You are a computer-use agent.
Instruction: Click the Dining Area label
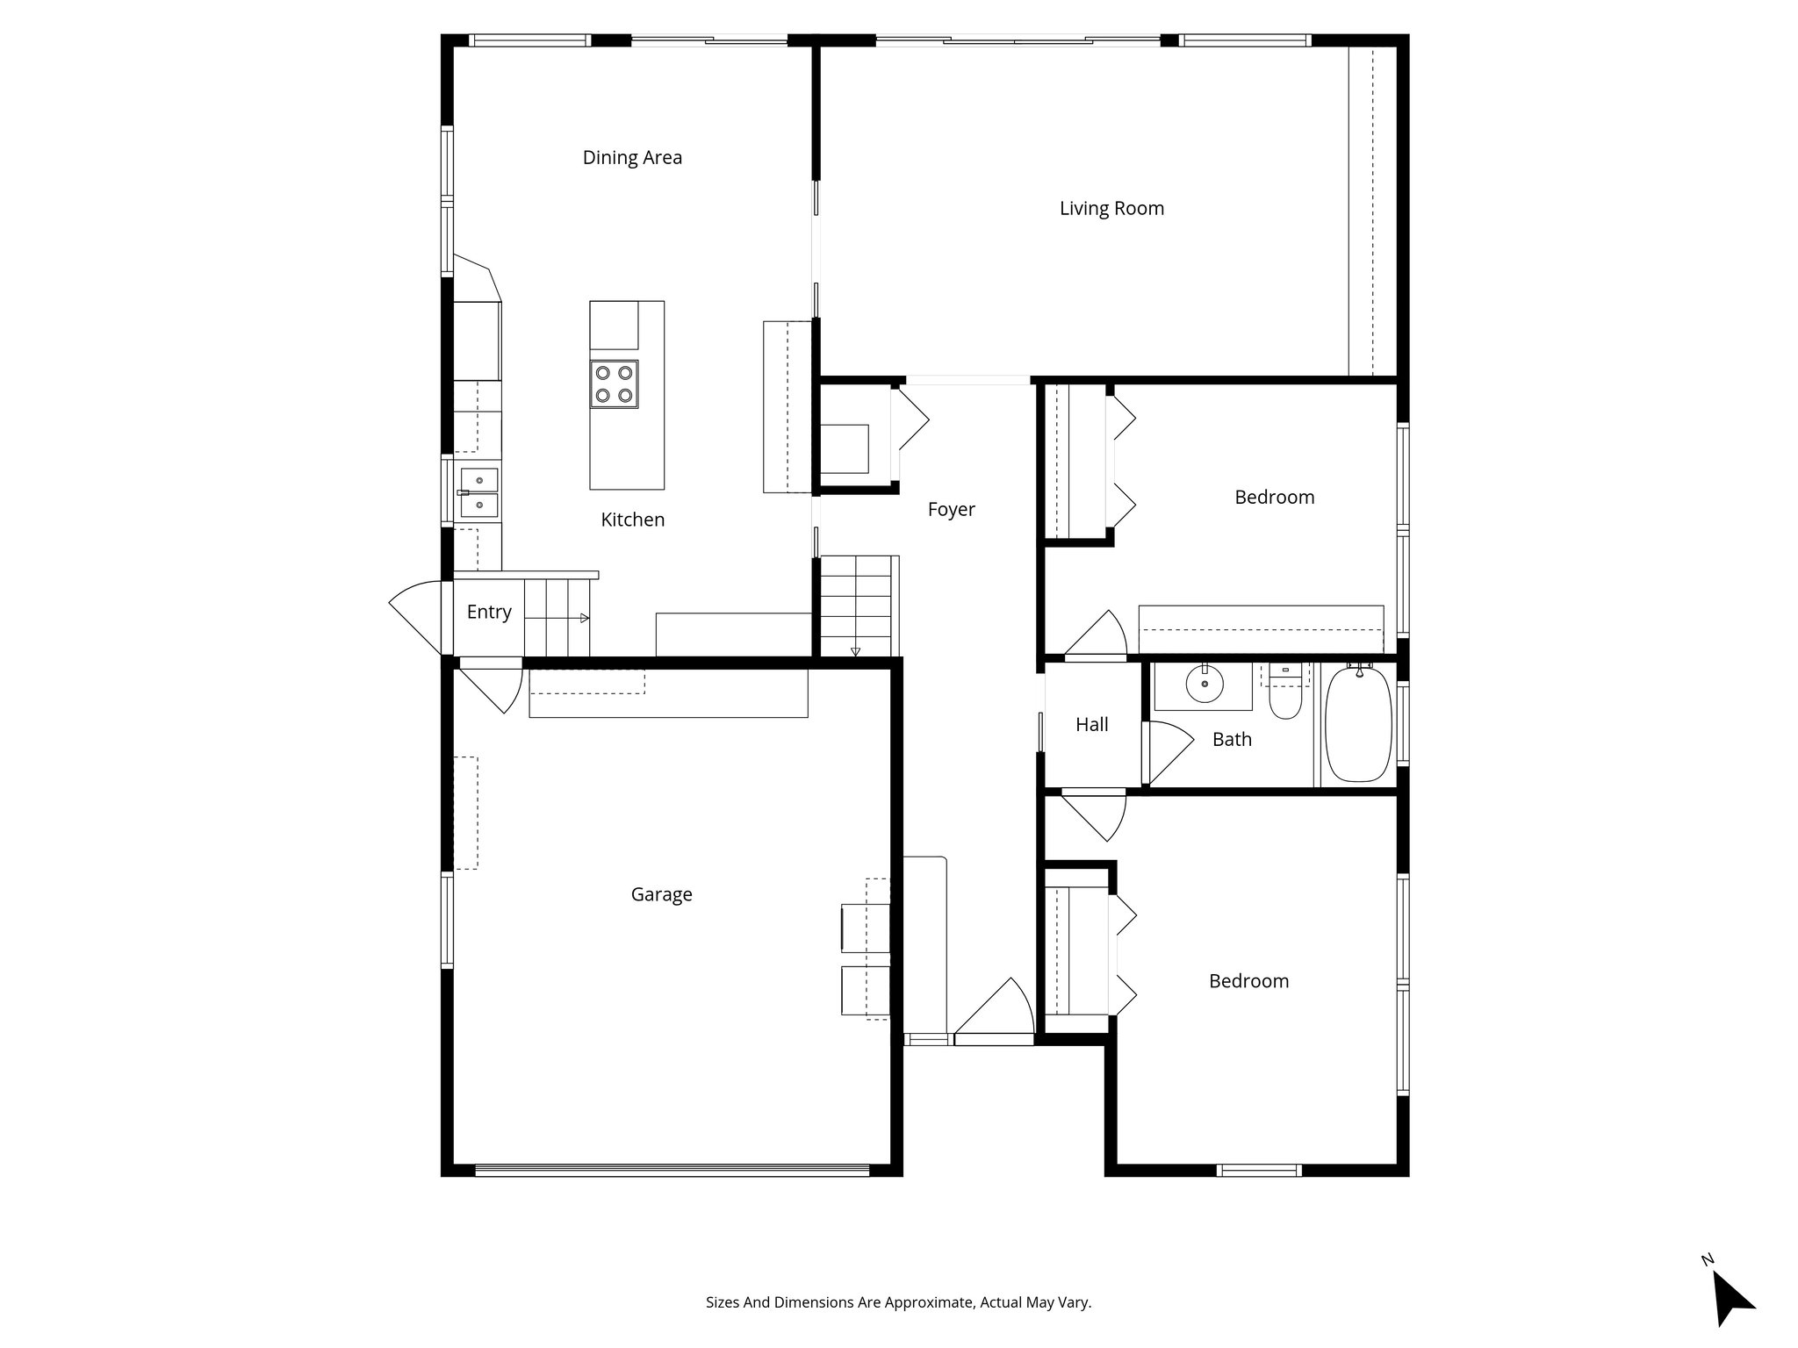point(632,158)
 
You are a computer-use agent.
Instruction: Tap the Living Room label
point(1111,209)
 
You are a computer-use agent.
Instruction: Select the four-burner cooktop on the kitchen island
point(614,384)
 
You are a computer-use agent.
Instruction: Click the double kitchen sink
point(478,492)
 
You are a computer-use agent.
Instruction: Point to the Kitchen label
point(632,520)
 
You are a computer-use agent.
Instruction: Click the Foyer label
point(951,510)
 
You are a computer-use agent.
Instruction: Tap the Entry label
point(489,613)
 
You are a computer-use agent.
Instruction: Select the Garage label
point(661,894)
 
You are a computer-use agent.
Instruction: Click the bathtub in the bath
point(1357,724)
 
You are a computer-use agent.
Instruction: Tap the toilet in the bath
point(1284,699)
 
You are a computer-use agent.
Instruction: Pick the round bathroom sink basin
point(1204,684)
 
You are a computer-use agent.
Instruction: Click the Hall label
point(1091,725)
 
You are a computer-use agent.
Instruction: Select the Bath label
point(1232,740)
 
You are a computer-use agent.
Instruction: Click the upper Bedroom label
point(1274,498)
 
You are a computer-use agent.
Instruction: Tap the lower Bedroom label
point(1248,981)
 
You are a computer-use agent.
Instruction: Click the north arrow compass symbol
point(1730,1301)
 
